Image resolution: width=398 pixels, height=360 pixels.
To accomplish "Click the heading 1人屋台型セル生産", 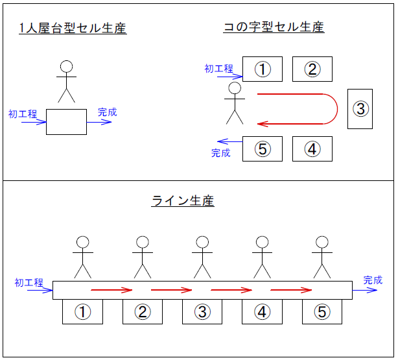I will click(x=73, y=29).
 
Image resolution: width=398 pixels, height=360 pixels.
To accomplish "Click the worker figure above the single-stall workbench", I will click(x=66, y=81).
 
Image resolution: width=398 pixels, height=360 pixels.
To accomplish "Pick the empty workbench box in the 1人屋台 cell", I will click(x=66, y=122).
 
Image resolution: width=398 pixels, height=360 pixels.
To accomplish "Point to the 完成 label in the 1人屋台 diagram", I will click(x=108, y=112).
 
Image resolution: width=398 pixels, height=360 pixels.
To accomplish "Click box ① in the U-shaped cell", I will click(x=263, y=69).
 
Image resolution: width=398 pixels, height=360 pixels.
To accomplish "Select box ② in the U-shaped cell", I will click(x=312, y=69).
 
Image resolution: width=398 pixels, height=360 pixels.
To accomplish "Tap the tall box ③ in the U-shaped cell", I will click(x=361, y=108).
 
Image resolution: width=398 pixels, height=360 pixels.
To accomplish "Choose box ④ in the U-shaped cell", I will click(x=312, y=149).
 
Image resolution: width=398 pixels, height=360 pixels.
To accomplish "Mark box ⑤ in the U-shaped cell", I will click(x=263, y=149).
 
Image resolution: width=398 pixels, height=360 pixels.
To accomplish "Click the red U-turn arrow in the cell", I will click(x=305, y=108).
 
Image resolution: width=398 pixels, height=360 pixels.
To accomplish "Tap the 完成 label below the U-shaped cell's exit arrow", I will click(x=221, y=153).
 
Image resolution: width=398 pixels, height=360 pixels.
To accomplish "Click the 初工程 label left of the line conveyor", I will click(x=29, y=282).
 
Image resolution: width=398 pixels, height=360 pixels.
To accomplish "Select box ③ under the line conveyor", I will click(x=202, y=311).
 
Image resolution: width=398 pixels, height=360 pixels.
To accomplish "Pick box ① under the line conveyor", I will click(x=82, y=311).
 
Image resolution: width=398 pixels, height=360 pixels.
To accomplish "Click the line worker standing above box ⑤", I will click(x=322, y=257).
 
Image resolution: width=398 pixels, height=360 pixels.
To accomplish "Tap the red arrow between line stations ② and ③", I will click(x=171, y=290).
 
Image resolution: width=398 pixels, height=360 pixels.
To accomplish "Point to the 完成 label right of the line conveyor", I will click(x=373, y=280).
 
